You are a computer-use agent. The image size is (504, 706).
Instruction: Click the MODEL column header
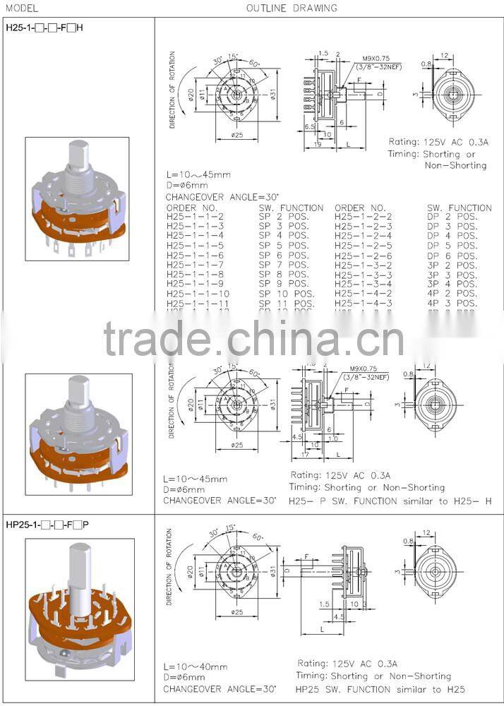click(x=20, y=8)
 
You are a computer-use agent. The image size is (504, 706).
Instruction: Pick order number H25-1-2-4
click(x=363, y=236)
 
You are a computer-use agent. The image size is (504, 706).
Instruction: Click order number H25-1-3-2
click(x=363, y=265)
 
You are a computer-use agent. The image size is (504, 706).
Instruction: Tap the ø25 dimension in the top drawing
click(x=236, y=134)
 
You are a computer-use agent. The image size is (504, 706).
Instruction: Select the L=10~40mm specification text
click(x=196, y=666)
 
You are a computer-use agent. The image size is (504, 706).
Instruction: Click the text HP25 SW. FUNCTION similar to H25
click(x=380, y=689)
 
